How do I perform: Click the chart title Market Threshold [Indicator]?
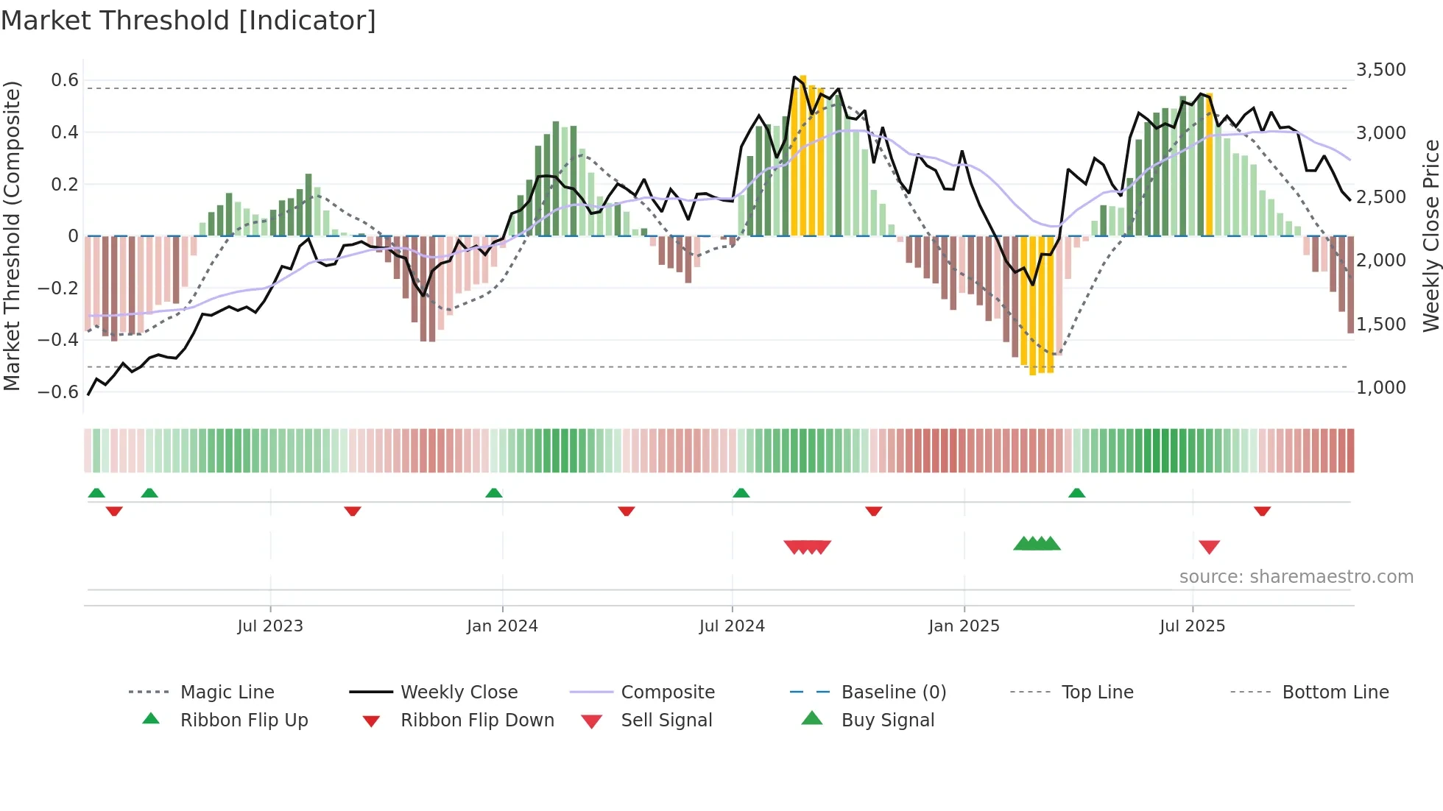[x=188, y=21]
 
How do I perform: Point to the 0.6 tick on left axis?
[x=65, y=79]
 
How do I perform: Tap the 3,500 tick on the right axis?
[x=1380, y=70]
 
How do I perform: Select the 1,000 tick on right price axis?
[x=1380, y=388]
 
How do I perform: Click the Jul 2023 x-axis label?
[x=270, y=626]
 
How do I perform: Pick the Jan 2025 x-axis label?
[x=964, y=626]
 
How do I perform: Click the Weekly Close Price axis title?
[x=1430, y=235]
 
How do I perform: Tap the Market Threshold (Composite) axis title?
[x=12, y=235]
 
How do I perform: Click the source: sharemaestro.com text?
[x=1296, y=577]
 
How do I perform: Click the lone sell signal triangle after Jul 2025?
[x=1209, y=547]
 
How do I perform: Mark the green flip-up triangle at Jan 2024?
[x=494, y=493]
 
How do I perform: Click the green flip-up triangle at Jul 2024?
[x=741, y=493]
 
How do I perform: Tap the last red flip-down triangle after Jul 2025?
[x=1262, y=511]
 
